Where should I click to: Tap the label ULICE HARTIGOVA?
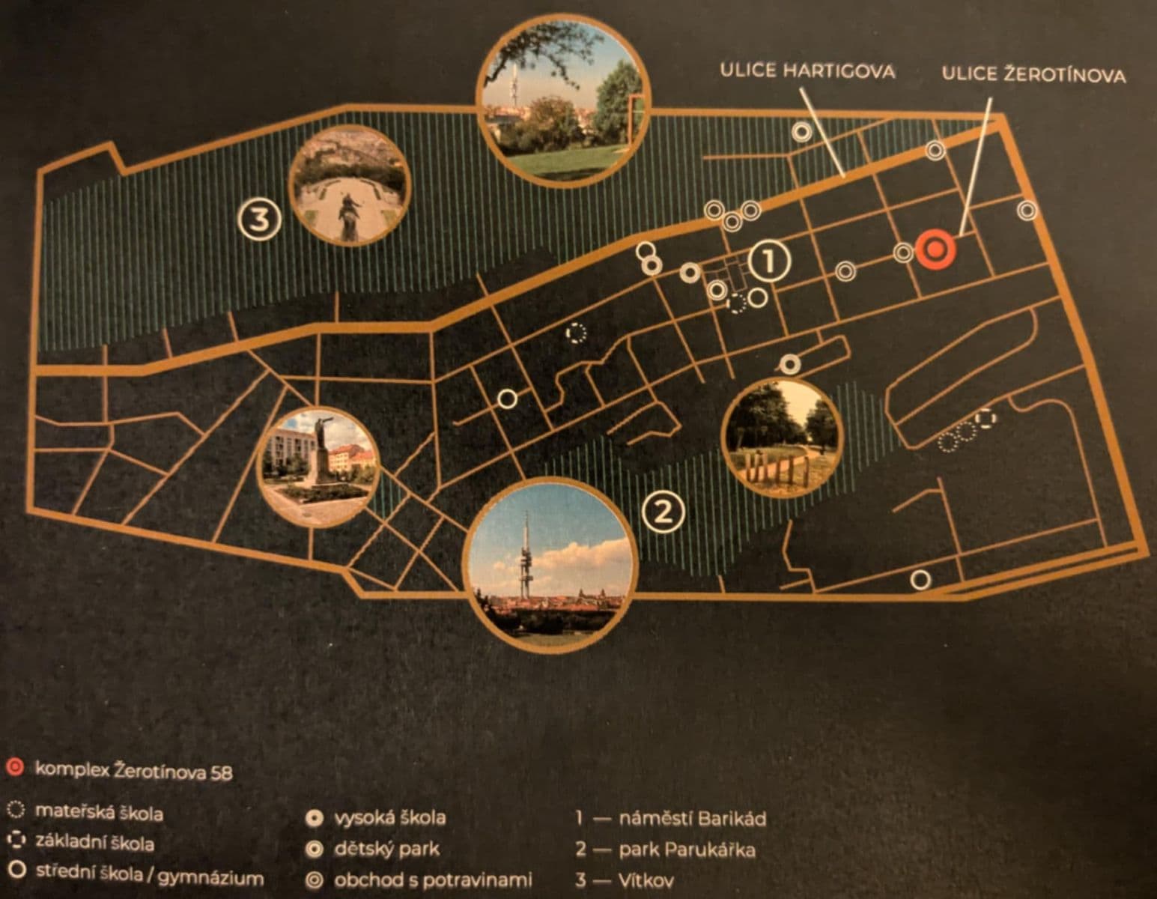pos(807,71)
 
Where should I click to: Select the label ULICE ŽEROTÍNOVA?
pos(1033,75)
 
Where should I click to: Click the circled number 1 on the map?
pos(771,261)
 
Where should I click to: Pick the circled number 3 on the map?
pos(259,220)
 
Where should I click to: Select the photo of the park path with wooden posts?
pos(782,438)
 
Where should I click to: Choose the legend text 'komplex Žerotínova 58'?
pos(134,771)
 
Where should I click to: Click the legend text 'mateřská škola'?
pos(99,812)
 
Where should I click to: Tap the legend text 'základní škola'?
pos(95,844)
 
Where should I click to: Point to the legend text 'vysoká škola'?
pos(389,817)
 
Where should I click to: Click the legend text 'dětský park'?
pos(386,850)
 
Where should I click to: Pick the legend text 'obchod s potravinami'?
pos(432,880)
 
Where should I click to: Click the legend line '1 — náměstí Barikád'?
pos(671,818)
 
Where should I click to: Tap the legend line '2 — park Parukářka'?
pos(665,850)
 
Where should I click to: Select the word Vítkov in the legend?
pos(646,881)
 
